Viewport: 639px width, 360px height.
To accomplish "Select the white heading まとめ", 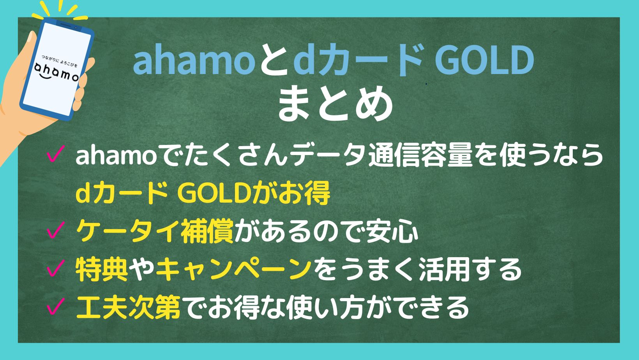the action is (335, 104).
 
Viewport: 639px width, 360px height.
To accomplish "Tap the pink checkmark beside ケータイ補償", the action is (55, 230).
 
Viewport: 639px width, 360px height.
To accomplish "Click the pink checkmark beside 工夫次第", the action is (55, 306).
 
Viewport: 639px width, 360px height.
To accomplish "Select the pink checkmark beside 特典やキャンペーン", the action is (55, 268).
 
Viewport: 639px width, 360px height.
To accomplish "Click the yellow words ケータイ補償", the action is (155, 231).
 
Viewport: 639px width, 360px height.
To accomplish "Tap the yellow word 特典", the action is (102, 269).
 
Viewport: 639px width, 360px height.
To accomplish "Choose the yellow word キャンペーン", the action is (234, 269).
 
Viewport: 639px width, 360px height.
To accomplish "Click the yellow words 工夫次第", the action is (128, 307).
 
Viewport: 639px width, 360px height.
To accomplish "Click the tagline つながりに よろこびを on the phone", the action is (60, 61).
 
